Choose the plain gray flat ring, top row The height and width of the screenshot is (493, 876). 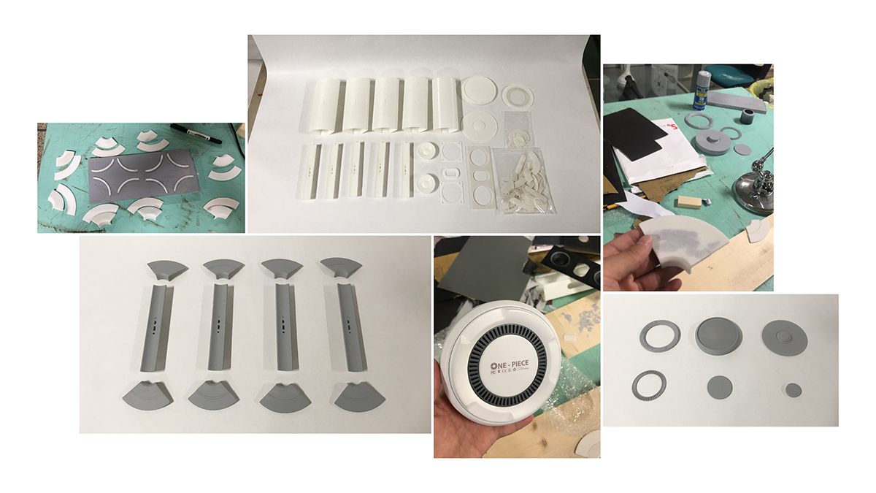[x=660, y=336]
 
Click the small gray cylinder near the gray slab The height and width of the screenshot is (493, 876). [x=748, y=117]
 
